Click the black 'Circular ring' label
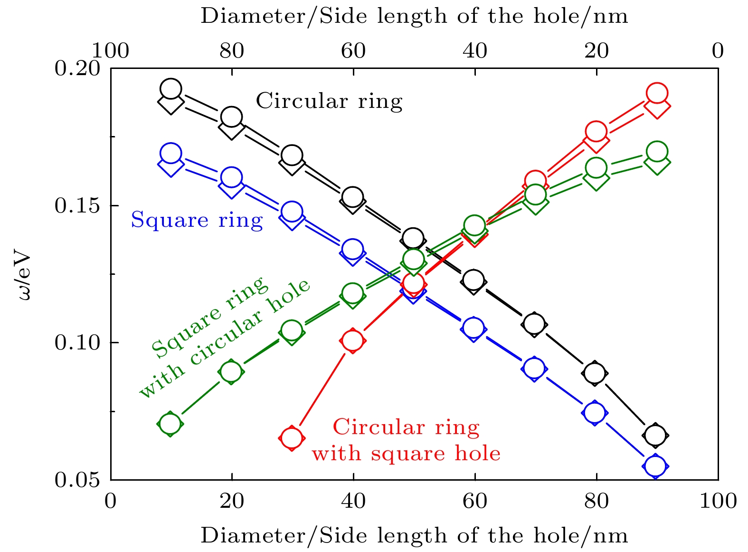[x=329, y=101]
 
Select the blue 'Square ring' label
[x=197, y=220]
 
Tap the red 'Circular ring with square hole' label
[x=406, y=440]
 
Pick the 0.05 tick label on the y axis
[x=77, y=479]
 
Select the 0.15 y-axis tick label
[x=77, y=205]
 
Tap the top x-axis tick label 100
[x=110, y=50]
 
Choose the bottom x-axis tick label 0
[x=111, y=501]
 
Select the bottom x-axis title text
[x=414, y=536]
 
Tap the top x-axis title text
[x=414, y=16]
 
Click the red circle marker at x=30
[x=292, y=438]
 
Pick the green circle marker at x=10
[x=170, y=424]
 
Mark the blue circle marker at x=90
[x=656, y=466]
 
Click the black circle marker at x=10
[x=171, y=89]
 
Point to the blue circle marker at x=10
[x=171, y=154]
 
